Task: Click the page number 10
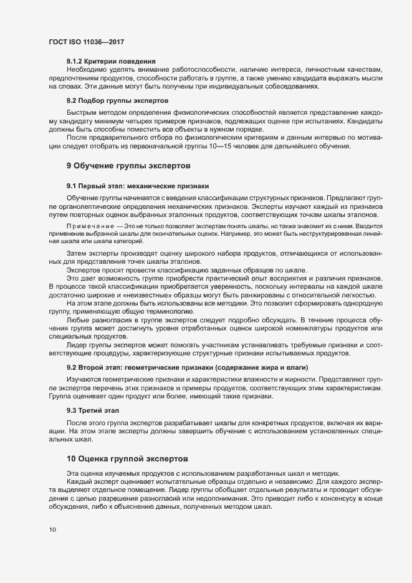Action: point(52,530)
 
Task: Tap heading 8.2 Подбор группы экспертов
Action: point(117,100)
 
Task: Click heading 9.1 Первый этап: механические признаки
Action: point(137,186)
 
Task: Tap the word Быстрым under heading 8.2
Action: point(82,112)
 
